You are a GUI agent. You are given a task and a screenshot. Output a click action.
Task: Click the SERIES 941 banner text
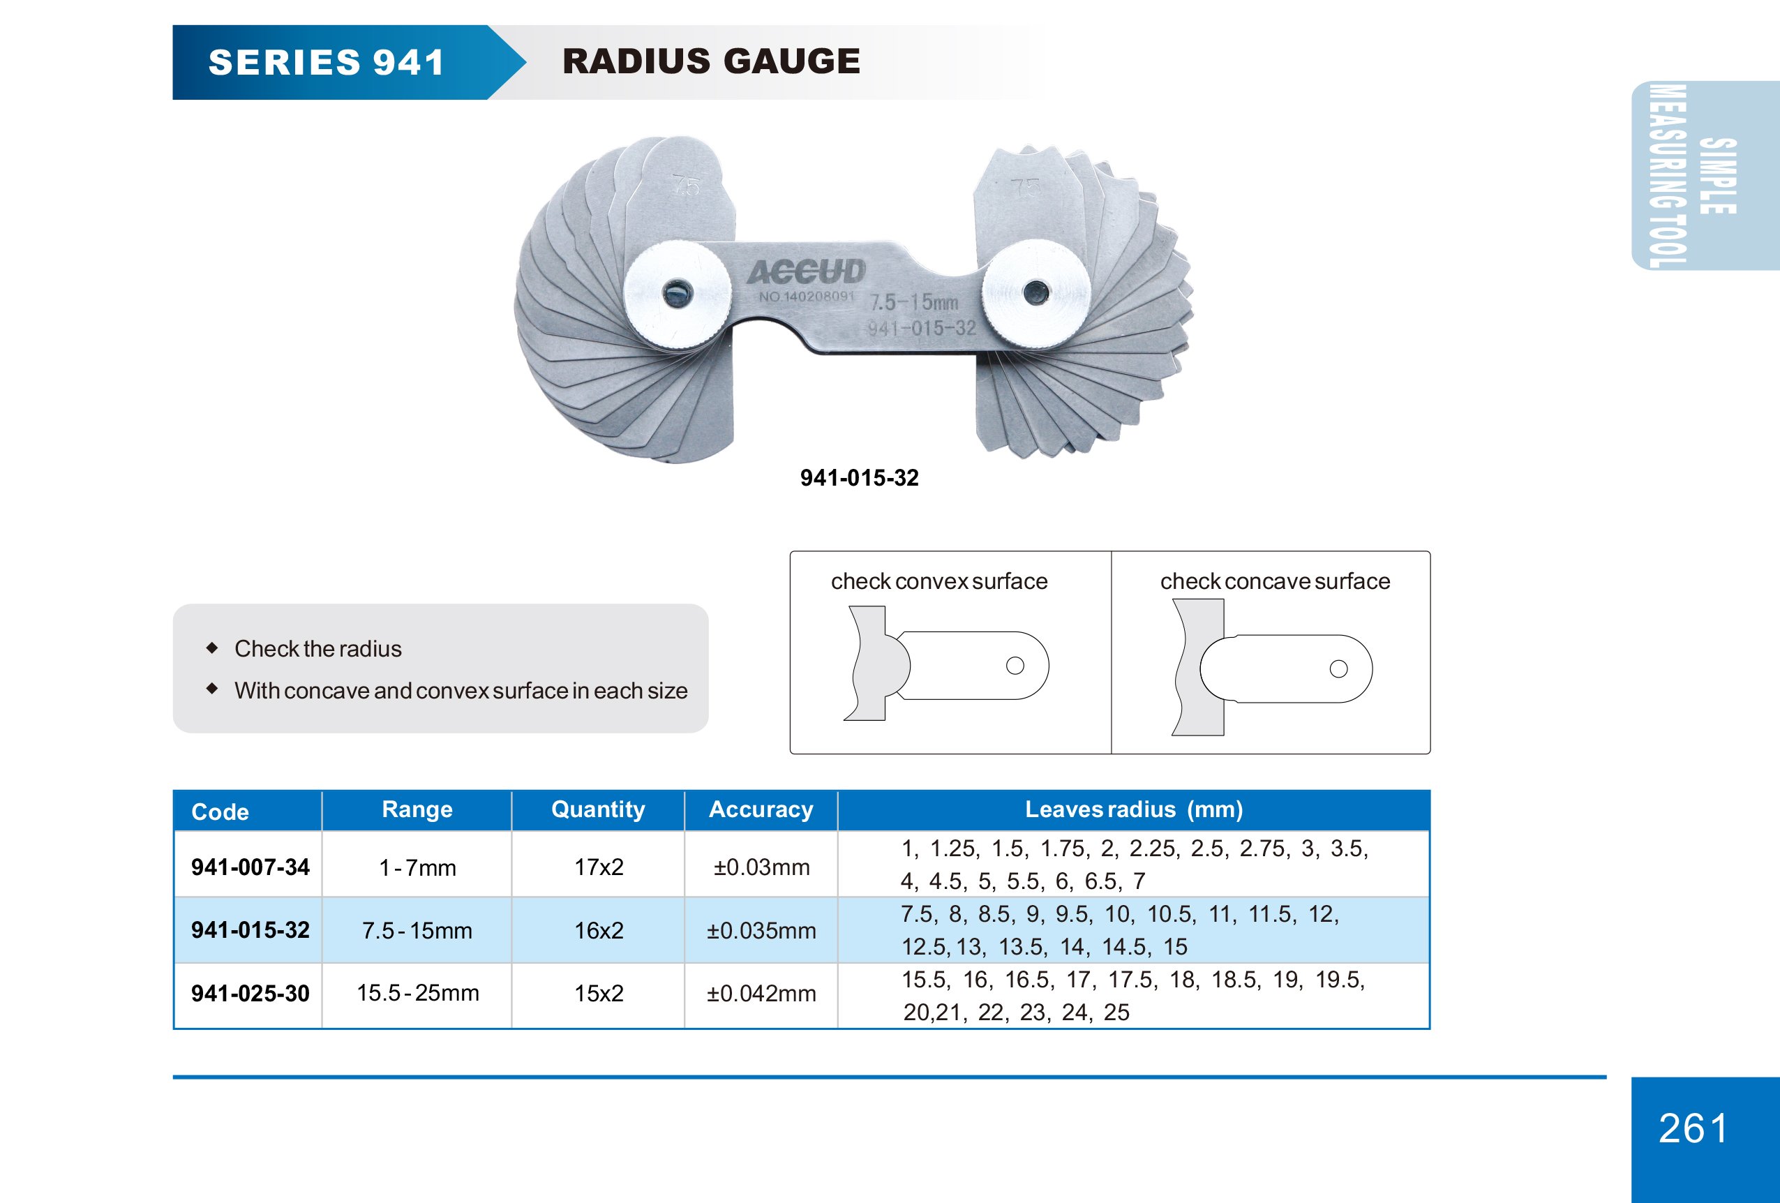pyautogui.click(x=327, y=62)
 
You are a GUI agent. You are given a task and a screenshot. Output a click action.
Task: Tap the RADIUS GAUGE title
pyautogui.click(x=711, y=61)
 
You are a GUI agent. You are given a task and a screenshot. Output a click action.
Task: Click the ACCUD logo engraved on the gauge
pyautogui.click(x=806, y=272)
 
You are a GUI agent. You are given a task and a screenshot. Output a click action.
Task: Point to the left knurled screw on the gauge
pyautogui.click(x=676, y=293)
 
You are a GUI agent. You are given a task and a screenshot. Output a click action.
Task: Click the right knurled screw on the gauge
pyautogui.click(x=1035, y=292)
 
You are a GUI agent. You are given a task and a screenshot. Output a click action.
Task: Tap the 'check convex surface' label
pyautogui.click(x=939, y=581)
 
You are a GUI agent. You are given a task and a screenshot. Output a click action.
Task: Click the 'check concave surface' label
pyautogui.click(x=1275, y=581)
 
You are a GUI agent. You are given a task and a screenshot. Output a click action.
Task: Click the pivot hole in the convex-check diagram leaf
pyautogui.click(x=1015, y=666)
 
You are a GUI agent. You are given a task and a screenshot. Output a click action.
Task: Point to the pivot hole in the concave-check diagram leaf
pyautogui.click(x=1338, y=668)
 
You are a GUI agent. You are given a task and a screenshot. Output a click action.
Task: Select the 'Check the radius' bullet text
pyautogui.click(x=318, y=648)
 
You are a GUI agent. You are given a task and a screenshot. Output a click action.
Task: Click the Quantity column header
pyautogui.click(x=598, y=809)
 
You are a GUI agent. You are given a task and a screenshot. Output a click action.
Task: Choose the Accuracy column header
pyautogui.click(x=761, y=809)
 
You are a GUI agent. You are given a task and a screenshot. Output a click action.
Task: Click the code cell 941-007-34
pyautogui.click(x=250, y=867)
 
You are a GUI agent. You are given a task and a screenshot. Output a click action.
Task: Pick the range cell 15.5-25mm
pyautogui.click(x=417, y=993)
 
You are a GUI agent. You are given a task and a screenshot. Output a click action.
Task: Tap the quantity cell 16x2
pyautogui.click(x=599, y=930)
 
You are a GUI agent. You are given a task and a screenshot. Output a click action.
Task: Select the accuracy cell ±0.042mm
pyautogui.click(x=761, y=993)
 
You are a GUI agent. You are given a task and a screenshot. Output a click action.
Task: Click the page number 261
pyautogui.click(x=1693, y=1128)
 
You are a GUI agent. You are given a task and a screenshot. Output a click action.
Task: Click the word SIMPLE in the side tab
pyautogui.click(x=1718, y=176)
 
